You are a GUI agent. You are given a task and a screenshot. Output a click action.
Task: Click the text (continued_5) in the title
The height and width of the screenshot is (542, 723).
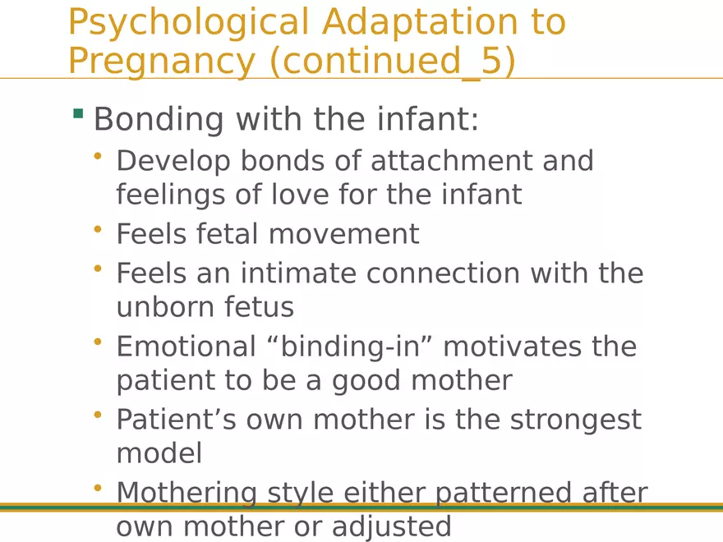[x=393, y=61]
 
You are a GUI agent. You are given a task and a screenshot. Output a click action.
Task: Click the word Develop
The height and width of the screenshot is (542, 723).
[x=173, y=161]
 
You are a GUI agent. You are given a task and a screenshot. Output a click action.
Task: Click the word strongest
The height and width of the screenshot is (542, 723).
[x=575, y=420]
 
